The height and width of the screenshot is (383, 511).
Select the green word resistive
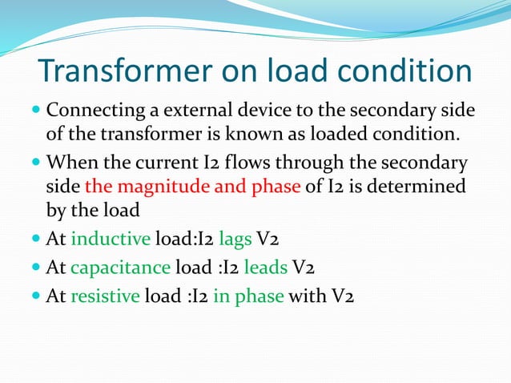click(105, 296)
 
